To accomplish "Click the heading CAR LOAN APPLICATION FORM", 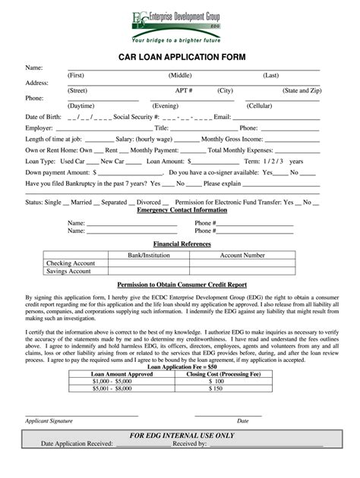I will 179,58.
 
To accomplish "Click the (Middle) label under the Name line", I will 180,76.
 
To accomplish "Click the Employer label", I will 39,128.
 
